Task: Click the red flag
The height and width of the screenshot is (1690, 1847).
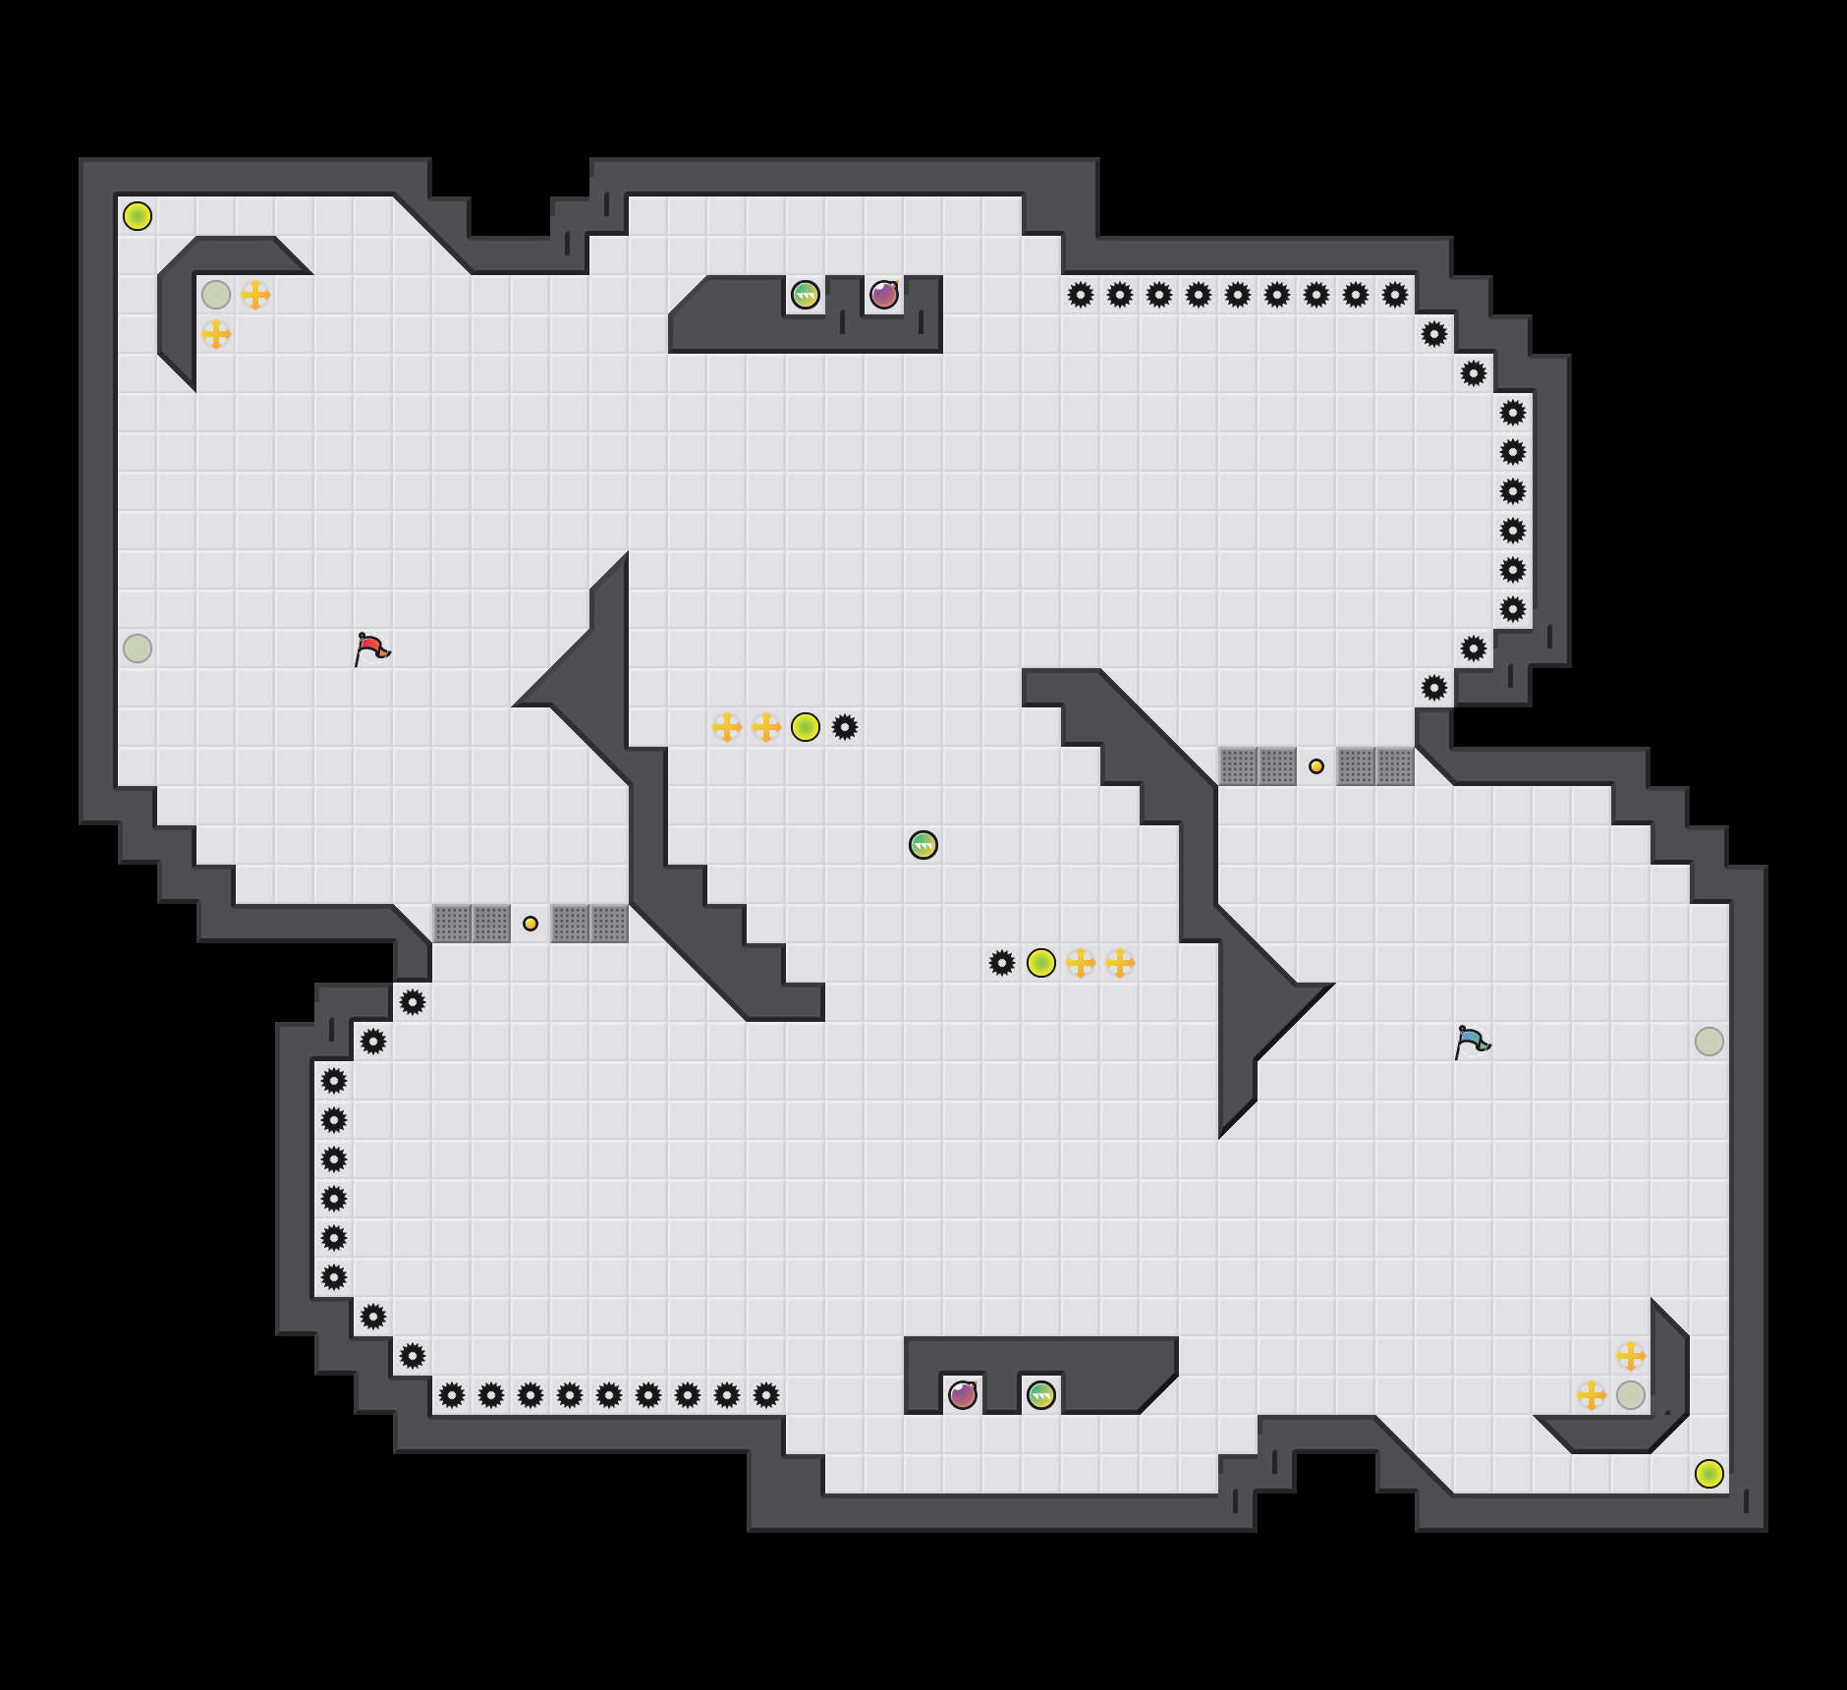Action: coord(371,648)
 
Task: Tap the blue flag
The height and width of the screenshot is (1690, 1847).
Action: coord(1472,1042)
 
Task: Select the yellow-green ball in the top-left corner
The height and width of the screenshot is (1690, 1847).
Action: coord(138,216)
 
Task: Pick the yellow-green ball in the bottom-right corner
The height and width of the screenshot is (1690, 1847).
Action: coord(1709,1474)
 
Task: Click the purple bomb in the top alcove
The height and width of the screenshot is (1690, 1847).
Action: coord(884,295)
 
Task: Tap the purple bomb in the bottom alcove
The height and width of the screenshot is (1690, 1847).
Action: coord(963,1395)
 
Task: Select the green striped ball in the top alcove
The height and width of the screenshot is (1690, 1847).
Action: coord(806,295)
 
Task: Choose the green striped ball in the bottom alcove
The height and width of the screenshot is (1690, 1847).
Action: coord(1041,1395)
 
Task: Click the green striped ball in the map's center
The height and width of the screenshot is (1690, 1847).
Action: coord(923,845)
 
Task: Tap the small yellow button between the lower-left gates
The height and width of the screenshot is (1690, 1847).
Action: coord(531,924)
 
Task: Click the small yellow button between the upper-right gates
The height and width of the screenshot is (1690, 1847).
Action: coord(1316,766)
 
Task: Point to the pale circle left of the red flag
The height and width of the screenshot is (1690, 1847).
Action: coord(138,648)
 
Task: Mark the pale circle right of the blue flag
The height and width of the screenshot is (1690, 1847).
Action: coord(1709,1042)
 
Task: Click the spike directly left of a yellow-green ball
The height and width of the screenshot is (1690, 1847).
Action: coord(1002,963)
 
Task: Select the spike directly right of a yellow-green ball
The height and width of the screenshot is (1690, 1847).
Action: coord(845,727)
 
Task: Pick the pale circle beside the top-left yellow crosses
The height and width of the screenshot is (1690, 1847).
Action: coord(216,295)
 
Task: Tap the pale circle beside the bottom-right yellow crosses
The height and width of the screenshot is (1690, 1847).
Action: coord(1631,1395)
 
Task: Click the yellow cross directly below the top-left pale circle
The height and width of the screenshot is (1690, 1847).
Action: coord(216,334)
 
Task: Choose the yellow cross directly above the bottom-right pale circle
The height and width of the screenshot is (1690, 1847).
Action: coord(1631,1356)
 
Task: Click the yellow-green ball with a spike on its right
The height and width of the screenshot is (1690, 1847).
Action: coord(806,727)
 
